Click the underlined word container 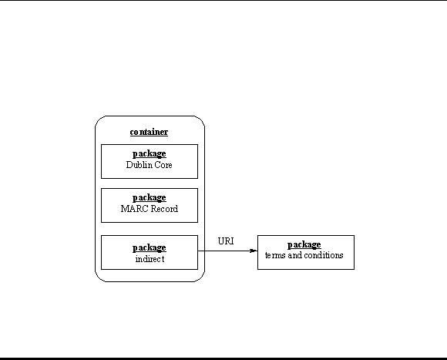149,132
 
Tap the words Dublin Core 149,165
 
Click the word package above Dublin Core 149,154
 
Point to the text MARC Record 150,209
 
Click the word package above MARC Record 149,198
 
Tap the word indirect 150,259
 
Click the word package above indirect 149,248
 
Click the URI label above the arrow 226,241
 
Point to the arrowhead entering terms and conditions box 254,251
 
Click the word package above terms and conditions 304,245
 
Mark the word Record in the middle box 164,209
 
